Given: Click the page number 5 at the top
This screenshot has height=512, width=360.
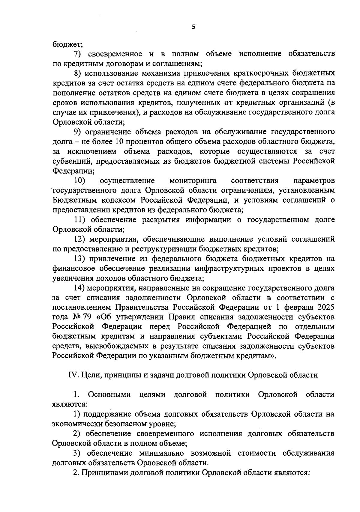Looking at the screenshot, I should point(193,27).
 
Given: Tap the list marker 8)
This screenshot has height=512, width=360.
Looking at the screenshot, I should point(79,73).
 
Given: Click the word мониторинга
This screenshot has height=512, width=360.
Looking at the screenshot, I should point(193,181).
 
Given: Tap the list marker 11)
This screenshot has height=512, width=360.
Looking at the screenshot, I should point(80,220).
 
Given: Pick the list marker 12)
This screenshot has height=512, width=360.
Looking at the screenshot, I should point(80,240).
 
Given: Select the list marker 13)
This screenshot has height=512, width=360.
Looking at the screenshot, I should point(80,259).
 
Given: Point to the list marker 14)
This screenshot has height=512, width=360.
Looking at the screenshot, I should point(80,288).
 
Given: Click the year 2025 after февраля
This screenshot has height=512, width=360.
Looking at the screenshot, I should point(324,308).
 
